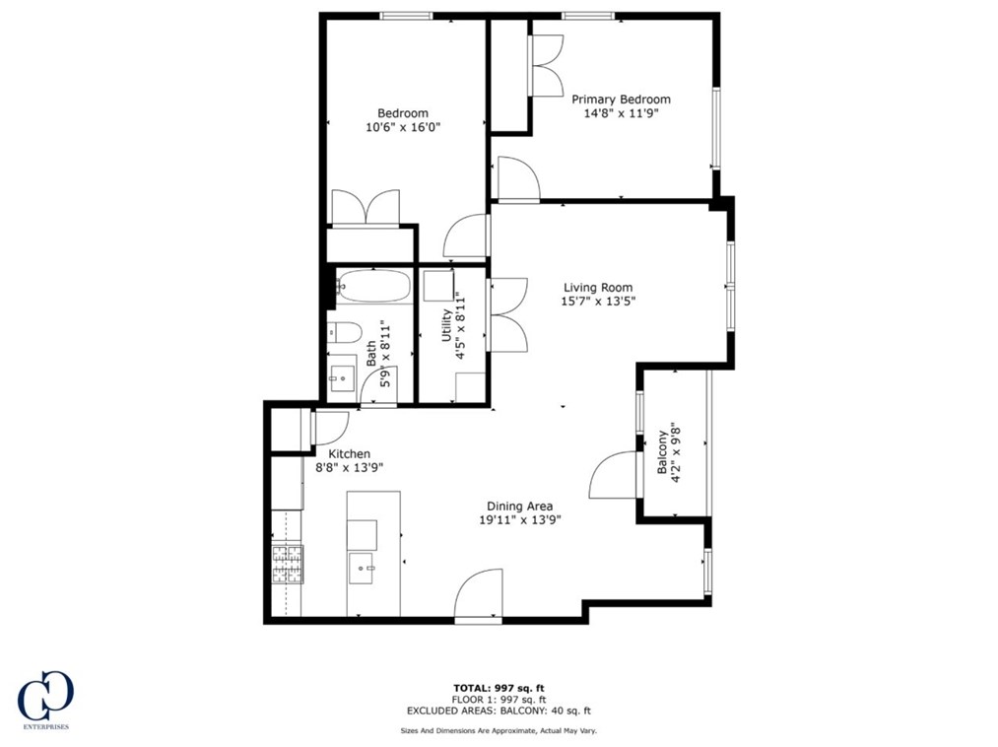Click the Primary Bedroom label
click(x=621, y=100)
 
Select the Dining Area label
click(x=518, y=506)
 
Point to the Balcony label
click(x=662, y=452)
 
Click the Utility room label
click(x=446, y=325)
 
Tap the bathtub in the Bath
click(x=372, y=287)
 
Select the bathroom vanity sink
click(x=342, y=375)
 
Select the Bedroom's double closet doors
click(x=365, y=207)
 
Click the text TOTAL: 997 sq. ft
click(x=499, y=688)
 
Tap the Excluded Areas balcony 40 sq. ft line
click(x=499, y=710)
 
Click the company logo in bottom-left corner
click(x=45, y=699)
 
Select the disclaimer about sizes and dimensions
click(x=499, y=730)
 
